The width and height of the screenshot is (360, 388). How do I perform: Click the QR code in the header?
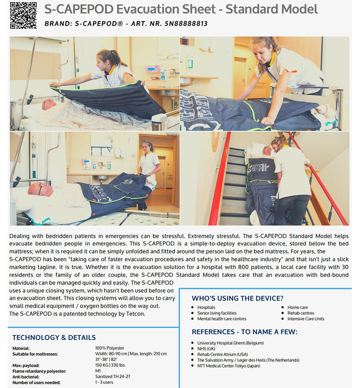click(x=23, y=15)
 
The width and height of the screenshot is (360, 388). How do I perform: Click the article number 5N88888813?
click(x=186, y=23)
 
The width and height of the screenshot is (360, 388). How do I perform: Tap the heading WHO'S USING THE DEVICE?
click(x=237, y=298)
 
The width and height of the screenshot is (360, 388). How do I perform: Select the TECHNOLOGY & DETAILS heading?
click(x=54, y=338)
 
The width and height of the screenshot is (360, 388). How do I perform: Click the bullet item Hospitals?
click(x=206, y=308)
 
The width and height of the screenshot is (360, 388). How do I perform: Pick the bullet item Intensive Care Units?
click(x=306, y=319)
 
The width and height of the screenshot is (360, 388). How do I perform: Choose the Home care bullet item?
click(x=297, y=308)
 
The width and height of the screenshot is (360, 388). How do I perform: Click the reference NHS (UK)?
click(x=206, y=349)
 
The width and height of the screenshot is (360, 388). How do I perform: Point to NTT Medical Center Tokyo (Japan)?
click(x=228, y=366)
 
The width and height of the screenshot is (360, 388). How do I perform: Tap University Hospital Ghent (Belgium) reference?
click(x=230, y=343)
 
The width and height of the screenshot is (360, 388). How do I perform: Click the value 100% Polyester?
click(x=110, y=348)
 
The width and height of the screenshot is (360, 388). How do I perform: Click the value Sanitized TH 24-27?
click(x=113, y=377)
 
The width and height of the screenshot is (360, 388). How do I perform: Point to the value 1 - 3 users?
click(x=104, y=382)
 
